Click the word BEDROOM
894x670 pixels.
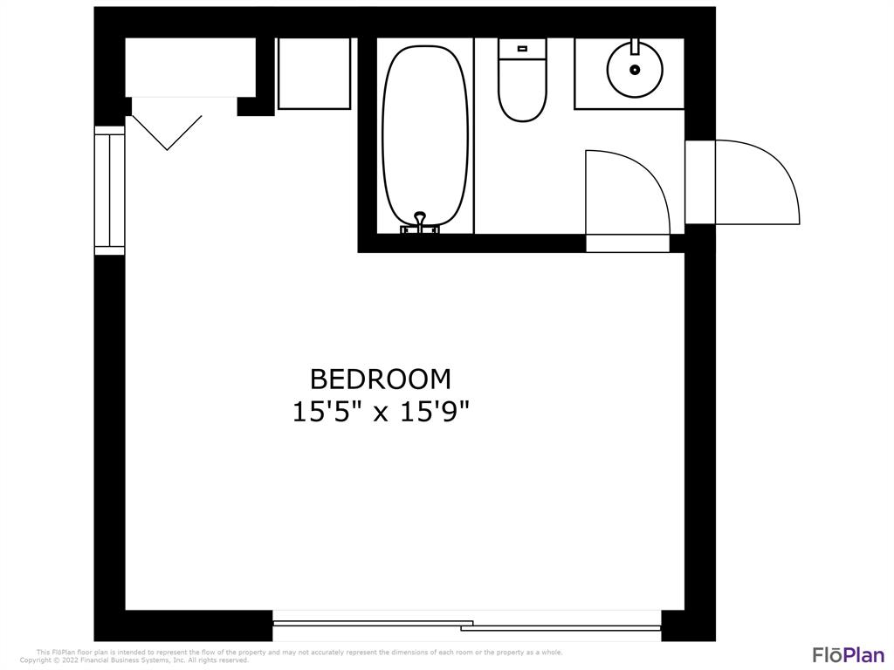(381, 379)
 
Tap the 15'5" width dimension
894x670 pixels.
(328, 412)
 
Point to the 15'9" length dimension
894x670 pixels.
(435, 412)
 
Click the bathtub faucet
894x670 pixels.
(420, 223)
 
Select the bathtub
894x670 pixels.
(425, 137)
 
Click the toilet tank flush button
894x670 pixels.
(522, 49)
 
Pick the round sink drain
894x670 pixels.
(635, 70)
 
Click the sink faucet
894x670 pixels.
(635, 46)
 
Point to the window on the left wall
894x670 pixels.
(109, 190)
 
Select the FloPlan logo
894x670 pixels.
(849, 654)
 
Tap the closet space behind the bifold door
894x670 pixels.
(189, 67)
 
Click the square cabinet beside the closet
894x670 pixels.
(313, 73)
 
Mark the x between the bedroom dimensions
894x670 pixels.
(381, 414)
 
